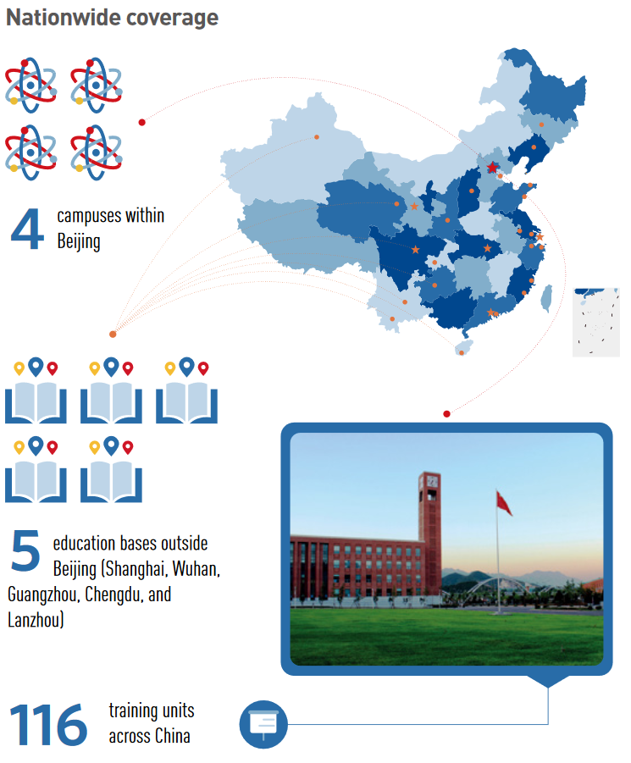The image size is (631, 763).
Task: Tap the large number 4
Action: [x=27, y=229]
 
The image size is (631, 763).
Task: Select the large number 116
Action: [x=48, y=725]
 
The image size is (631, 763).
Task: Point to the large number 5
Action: [x=25, y=550]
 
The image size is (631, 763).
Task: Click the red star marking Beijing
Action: [x=492, y=168]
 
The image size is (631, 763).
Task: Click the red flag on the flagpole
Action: [x=504, y=503]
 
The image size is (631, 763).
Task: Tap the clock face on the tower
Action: [x=432, y=481]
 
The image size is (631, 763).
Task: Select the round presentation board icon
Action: [x=263, y=724]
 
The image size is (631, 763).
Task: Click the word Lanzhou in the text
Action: [x=36, y=620]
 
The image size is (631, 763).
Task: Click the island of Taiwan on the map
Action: [x=547, y=298]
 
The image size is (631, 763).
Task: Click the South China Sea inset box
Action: [x=596, y=322]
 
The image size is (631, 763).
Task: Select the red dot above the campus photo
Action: [x=446, y=414]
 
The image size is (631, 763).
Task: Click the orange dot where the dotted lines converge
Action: [x=113, y=335]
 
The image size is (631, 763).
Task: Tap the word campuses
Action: [x=89, y=216]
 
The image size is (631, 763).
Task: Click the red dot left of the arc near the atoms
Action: [x=142, y=122]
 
